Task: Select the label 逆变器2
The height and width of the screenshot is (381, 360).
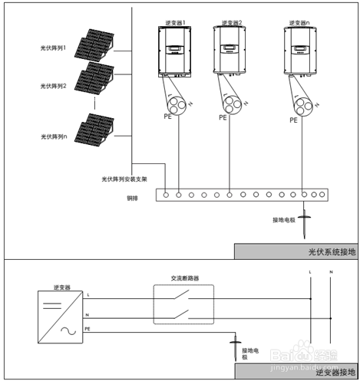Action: pos(231,22)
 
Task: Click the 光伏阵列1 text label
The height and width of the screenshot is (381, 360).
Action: pos(53,48)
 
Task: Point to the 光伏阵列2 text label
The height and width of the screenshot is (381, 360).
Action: pos(53,86)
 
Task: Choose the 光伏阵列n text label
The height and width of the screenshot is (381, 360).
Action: pos(53,136)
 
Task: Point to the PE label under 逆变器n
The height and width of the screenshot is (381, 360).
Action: pos(293,120)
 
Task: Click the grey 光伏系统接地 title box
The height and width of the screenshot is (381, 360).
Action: pos(295,251)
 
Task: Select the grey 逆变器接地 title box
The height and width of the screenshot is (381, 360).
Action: pos(295,372)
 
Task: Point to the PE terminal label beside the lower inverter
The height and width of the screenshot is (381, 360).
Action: pos(88,329)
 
